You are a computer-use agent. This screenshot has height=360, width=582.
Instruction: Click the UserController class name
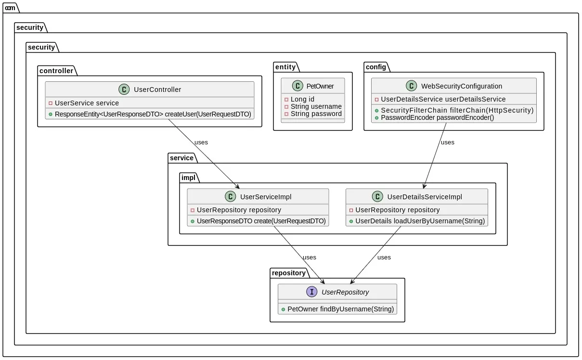[157, 89]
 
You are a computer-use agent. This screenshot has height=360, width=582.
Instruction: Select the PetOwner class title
[320, 86]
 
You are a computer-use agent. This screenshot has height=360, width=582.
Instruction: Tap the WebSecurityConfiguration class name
[461, 86]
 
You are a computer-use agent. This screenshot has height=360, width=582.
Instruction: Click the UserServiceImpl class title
[265, 196]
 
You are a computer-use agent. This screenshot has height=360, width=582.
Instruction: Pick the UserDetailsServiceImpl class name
[424, 196]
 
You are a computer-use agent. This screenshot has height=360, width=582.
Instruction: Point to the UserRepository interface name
[345, 292]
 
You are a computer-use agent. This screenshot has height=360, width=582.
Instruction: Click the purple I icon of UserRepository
[312, 292]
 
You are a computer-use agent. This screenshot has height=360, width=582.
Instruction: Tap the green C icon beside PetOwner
[297, 86]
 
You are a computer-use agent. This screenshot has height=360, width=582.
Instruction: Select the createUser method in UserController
[153, 114]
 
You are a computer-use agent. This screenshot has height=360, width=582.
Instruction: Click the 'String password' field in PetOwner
[316, 114]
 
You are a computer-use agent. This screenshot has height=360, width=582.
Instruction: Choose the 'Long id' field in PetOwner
[302, 99]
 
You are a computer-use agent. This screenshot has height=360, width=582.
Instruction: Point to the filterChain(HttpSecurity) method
[457, 110]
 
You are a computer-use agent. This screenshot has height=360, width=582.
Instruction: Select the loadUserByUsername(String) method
[419, 221]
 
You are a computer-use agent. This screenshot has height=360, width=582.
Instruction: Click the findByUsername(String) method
[340, 309]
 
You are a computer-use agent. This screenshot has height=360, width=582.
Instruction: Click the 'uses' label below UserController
[201, 142]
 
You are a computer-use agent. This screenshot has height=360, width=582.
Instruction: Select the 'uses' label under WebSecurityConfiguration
[447, 142]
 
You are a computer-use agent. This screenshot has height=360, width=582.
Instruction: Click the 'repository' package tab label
[288, 273]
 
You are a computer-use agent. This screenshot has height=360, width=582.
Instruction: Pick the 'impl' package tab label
[188, 178]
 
